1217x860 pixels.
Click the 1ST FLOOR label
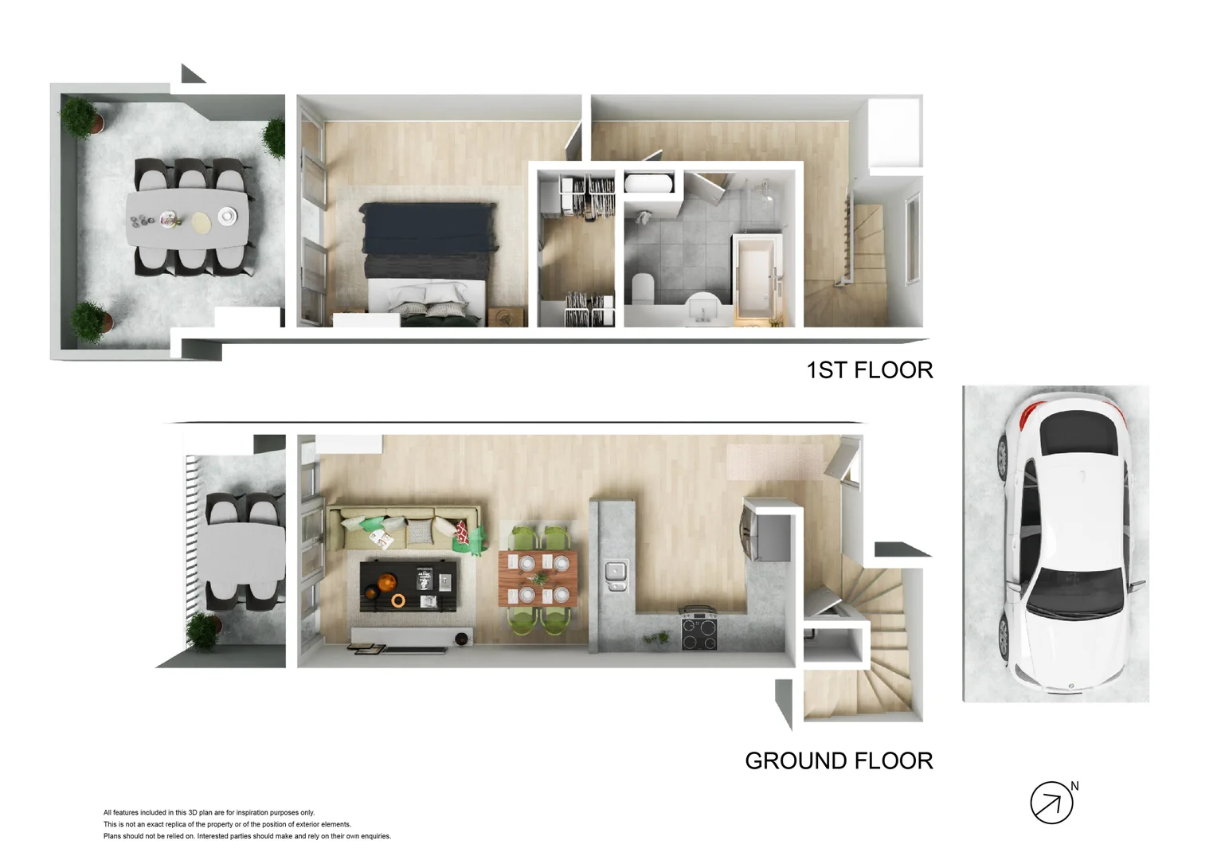point(869,370)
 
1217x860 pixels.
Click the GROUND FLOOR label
point(839,761)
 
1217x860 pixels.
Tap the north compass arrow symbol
point(1051,803)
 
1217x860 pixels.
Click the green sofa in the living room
point(406,526)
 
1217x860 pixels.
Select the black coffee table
point(409,585)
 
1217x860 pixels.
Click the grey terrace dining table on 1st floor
point(186,220)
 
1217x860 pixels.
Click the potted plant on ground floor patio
point(204,631)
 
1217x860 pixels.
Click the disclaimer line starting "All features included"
point(209,813)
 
